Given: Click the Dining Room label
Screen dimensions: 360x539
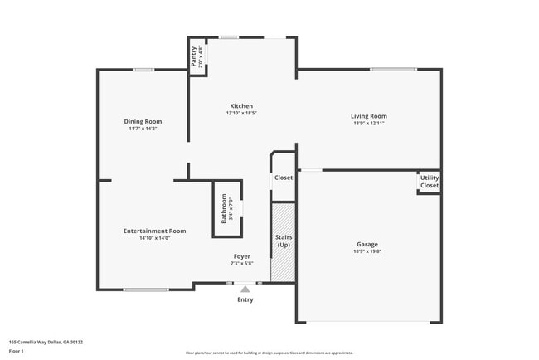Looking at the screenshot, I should (143, 121).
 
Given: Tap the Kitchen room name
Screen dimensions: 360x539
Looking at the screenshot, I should (241, 106).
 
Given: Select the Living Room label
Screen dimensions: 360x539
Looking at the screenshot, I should (370, 116).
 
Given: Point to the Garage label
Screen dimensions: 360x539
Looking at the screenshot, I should (367, 244).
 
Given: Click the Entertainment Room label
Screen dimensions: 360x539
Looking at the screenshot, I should (155, 231).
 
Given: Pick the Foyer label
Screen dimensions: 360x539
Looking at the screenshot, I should (241, 256).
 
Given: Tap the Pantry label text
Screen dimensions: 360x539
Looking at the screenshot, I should (194, 57).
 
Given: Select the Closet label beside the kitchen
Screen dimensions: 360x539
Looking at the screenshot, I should (284, 178).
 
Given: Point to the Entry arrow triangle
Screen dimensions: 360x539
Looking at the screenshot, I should (245, 289).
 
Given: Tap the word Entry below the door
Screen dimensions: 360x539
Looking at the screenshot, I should (245, 299).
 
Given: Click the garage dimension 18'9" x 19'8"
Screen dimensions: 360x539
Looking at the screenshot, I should (367, 251).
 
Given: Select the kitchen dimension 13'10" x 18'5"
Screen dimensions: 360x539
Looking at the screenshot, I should (241, 114).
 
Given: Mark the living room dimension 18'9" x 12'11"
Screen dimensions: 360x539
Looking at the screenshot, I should (370, 124).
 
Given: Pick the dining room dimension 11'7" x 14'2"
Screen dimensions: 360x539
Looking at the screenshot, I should (143, 129).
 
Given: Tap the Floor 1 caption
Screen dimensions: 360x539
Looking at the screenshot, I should (16, 351).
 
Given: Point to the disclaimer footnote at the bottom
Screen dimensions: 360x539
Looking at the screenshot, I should (269, 353).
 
